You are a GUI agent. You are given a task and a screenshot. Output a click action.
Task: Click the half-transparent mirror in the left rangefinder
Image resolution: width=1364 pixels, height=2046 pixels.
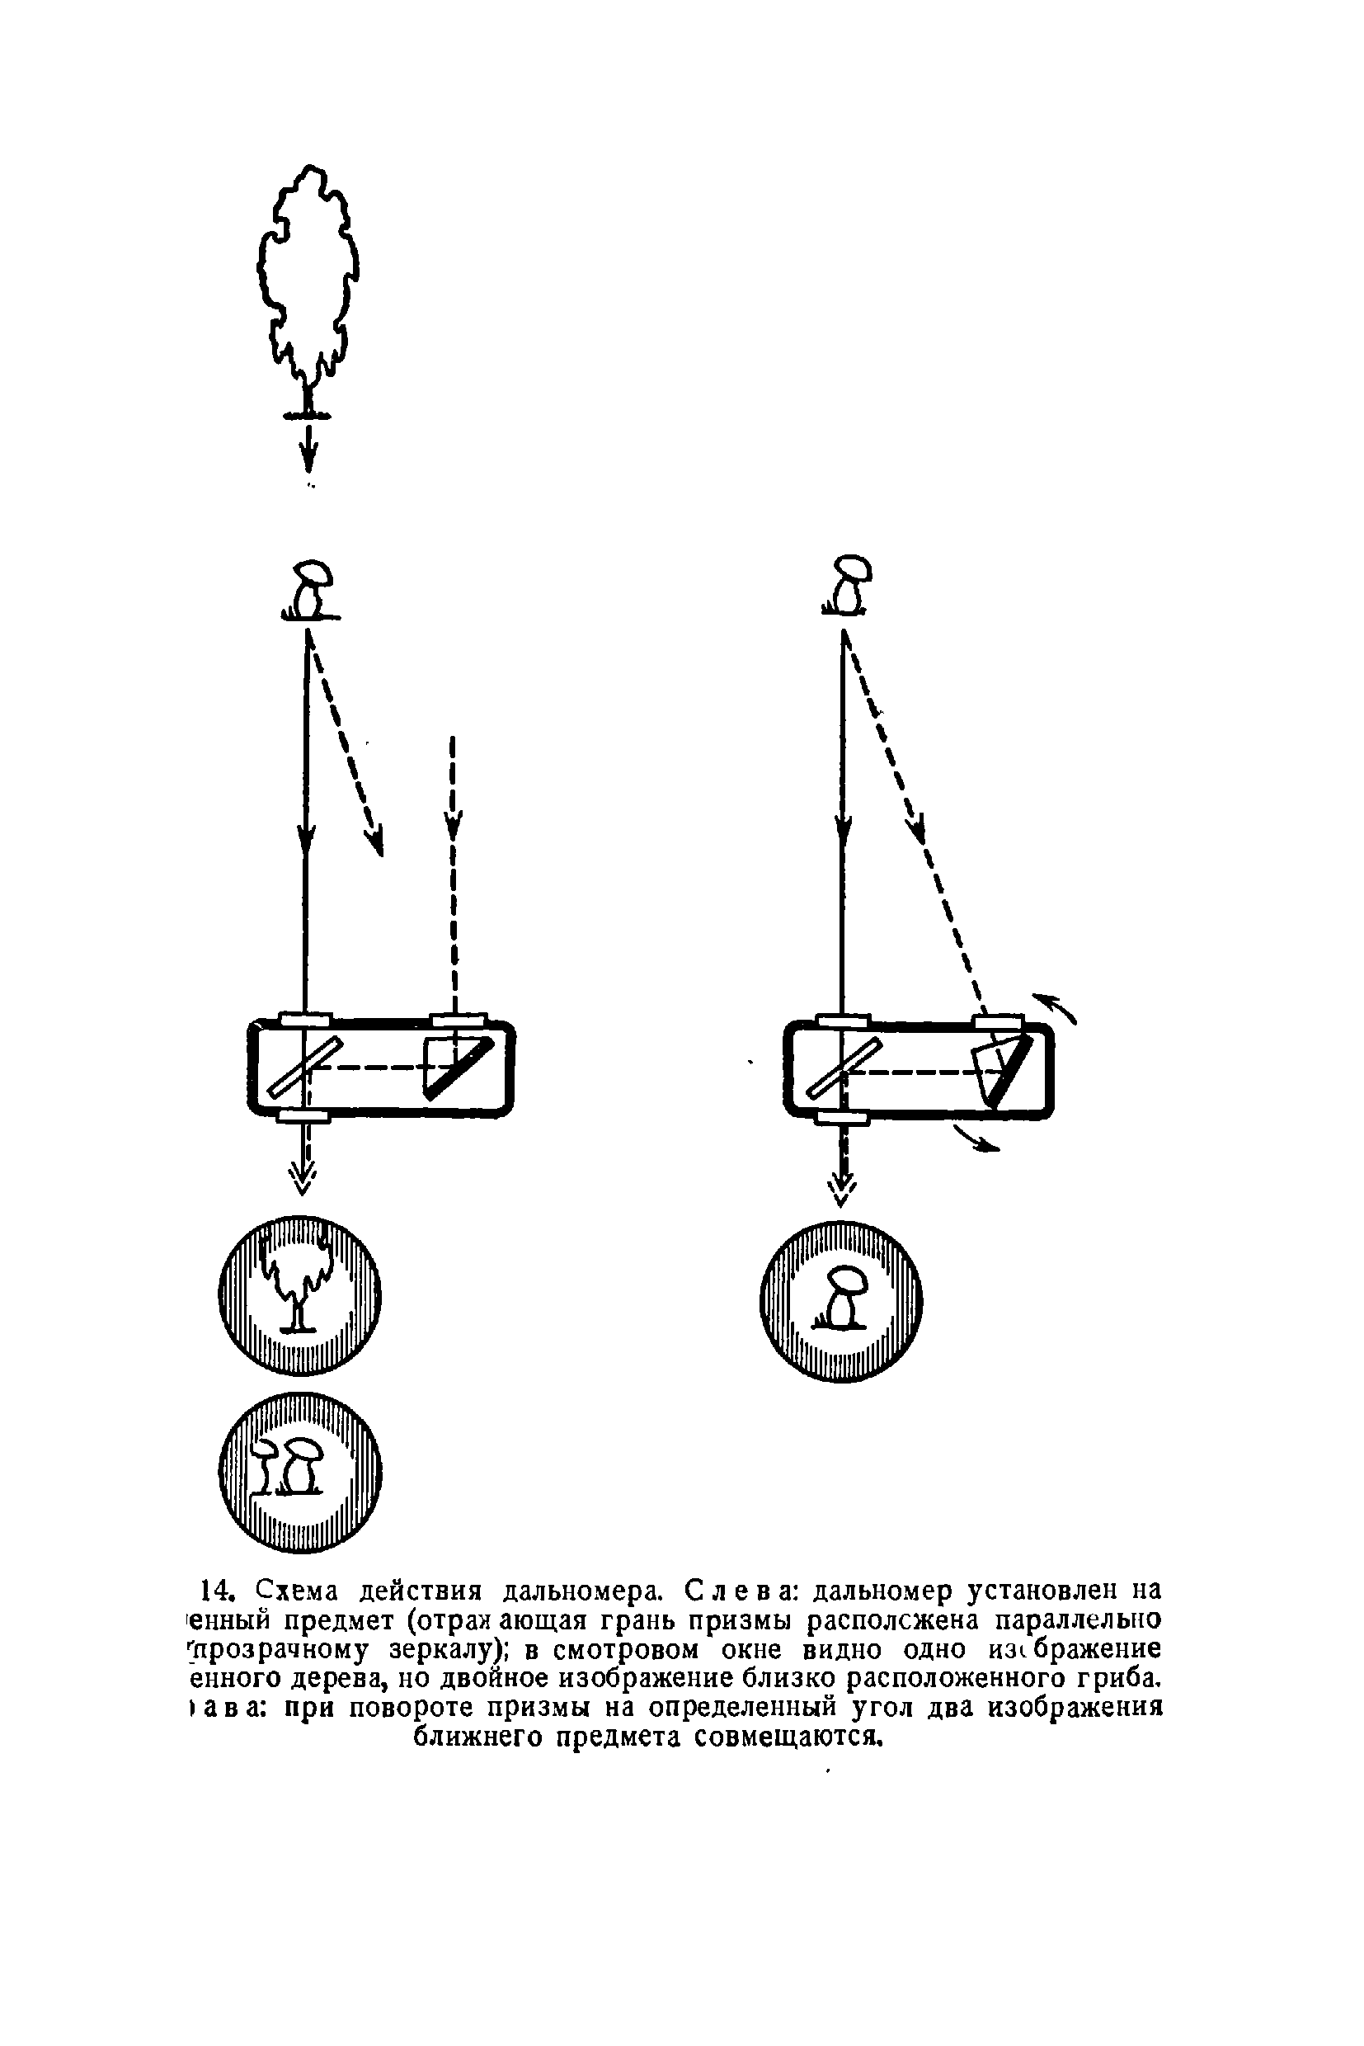305,1067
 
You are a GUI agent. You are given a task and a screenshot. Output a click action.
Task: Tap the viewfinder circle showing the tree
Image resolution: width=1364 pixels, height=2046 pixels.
300,1295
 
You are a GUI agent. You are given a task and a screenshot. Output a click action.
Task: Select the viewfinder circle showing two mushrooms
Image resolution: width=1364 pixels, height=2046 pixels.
300,1473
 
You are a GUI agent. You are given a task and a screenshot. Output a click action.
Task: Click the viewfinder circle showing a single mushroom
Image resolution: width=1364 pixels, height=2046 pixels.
841,1303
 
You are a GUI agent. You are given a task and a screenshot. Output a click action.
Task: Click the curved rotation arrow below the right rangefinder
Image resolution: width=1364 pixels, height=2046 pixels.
976,1139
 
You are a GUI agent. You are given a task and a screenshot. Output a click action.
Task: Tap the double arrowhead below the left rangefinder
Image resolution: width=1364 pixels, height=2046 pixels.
303,1176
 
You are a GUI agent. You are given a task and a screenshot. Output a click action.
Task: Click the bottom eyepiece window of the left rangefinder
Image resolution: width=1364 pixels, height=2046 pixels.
303,1115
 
